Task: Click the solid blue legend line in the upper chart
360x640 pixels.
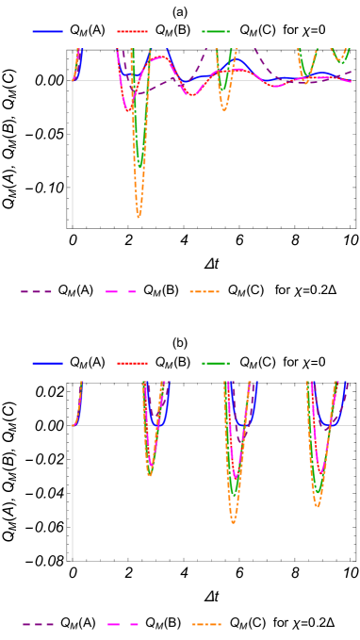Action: [47, 31]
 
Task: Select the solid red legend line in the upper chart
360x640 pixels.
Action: [132, 31]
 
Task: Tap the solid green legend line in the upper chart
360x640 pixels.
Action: [216, 31]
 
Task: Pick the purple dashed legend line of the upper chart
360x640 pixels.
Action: [37, 291]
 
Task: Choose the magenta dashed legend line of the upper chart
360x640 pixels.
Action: [122, 291]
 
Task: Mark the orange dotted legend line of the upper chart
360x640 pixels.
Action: [205, 291]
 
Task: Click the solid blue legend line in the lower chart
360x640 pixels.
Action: [47, 363]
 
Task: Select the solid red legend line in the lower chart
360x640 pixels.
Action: [132, 363]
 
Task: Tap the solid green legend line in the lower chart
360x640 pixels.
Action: [216, 363]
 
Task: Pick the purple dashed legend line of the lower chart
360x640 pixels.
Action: [39, 624]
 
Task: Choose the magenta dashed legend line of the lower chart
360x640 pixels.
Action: [123, 624]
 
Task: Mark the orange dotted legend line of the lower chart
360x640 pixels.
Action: [206, 624]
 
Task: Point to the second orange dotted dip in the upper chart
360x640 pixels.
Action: [223, 109]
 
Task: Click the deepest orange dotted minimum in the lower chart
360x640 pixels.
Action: [233, 521]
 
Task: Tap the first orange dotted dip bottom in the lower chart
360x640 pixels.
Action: [150, 474]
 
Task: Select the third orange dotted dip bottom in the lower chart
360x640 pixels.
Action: [317, 506]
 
